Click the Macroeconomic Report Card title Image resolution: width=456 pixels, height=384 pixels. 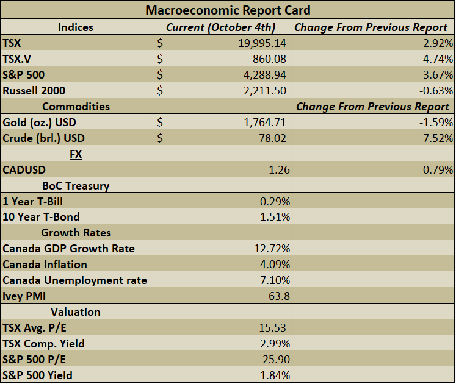(x=228, y=10)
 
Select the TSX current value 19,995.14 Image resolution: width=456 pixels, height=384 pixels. (x=261, y=43)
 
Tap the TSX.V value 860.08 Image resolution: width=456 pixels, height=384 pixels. (x=269, y=59)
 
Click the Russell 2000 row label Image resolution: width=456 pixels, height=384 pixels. (x=34, y=91)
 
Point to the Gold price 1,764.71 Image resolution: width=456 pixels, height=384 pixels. (x=264, y=123)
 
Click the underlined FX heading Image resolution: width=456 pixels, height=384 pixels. (x=76, y=154)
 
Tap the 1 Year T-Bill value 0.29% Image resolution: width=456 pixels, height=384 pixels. (x=275, y=201)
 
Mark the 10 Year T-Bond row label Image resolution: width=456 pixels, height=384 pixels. (x=41, y=217)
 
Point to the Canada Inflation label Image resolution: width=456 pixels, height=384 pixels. (x=45, y=265)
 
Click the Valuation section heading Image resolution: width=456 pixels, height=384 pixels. (x=76, y=311)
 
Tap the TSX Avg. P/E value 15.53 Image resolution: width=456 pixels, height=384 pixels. (x=273, y=328)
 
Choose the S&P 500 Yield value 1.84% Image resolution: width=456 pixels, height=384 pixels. (x=275, y=375)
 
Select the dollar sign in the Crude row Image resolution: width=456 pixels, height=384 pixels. (x=161, y=138)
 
